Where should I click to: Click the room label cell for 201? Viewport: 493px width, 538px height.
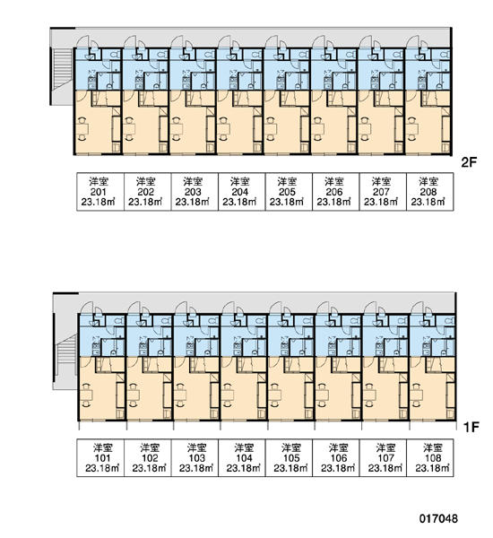click(99, 192)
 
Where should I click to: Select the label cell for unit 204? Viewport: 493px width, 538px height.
click(241, 192)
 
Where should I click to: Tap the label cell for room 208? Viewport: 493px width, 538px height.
click(430, 192)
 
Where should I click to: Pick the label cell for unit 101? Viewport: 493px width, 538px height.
click(100, 457)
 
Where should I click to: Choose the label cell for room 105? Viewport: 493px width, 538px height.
click(289, 457)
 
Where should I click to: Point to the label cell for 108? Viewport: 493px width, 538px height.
click(430, 457)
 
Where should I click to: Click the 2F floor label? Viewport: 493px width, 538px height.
click(470, 162)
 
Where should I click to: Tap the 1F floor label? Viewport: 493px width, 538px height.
click(471, 427)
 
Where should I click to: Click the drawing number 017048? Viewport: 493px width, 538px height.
click(438, 518)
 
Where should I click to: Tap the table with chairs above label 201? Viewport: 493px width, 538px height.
click(82, 129)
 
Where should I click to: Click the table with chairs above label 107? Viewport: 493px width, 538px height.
click(369, 395)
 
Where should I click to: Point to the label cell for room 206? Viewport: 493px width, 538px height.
click(336, 192)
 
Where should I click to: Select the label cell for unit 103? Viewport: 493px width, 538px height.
click(195, 457)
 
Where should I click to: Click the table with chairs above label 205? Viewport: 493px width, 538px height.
click(271, 129)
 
